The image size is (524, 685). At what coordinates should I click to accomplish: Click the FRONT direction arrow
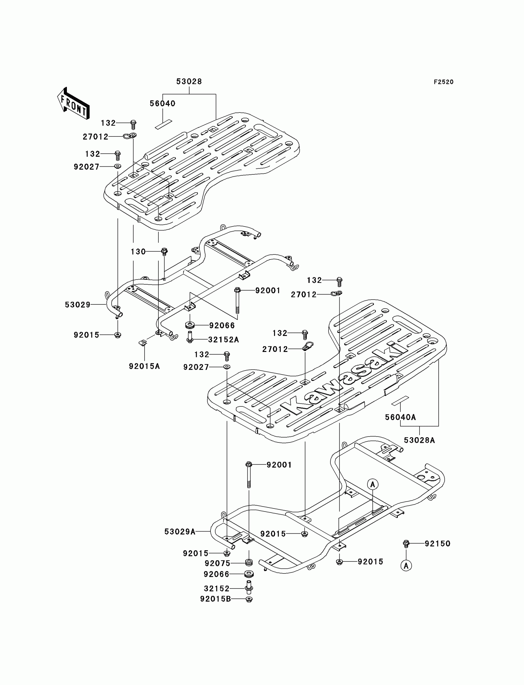(x=73, y=104)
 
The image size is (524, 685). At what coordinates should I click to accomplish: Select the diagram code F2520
(x=443, y=82)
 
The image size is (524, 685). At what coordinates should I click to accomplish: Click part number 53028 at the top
(x=189, y=81)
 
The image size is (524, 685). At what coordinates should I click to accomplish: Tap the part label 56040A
(x=400, y=417)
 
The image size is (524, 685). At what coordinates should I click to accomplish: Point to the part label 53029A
(x=180, y=532)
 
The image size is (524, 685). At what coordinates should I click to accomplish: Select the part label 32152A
(x=223, y=340)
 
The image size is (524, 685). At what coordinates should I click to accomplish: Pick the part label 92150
(x=437, y=544)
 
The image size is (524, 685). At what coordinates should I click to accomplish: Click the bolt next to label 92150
(x=406, y=544)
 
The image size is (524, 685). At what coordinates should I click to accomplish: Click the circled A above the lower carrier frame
(x=372, y=484)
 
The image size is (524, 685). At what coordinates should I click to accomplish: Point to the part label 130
(x=138, y=252)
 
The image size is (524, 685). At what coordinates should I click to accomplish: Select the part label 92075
(x=217, y=563)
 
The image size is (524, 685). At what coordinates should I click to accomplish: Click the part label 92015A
(x=145, y=366)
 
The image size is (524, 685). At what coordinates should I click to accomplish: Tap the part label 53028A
(x=419, y=440)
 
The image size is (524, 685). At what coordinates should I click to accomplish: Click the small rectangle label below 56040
(x=164, y=124)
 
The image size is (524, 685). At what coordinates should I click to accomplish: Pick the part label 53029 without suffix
(x=78, y=305)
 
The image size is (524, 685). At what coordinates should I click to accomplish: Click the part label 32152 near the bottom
(x=216, y=589)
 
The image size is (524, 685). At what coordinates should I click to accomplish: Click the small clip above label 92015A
(x=143, y=343)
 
